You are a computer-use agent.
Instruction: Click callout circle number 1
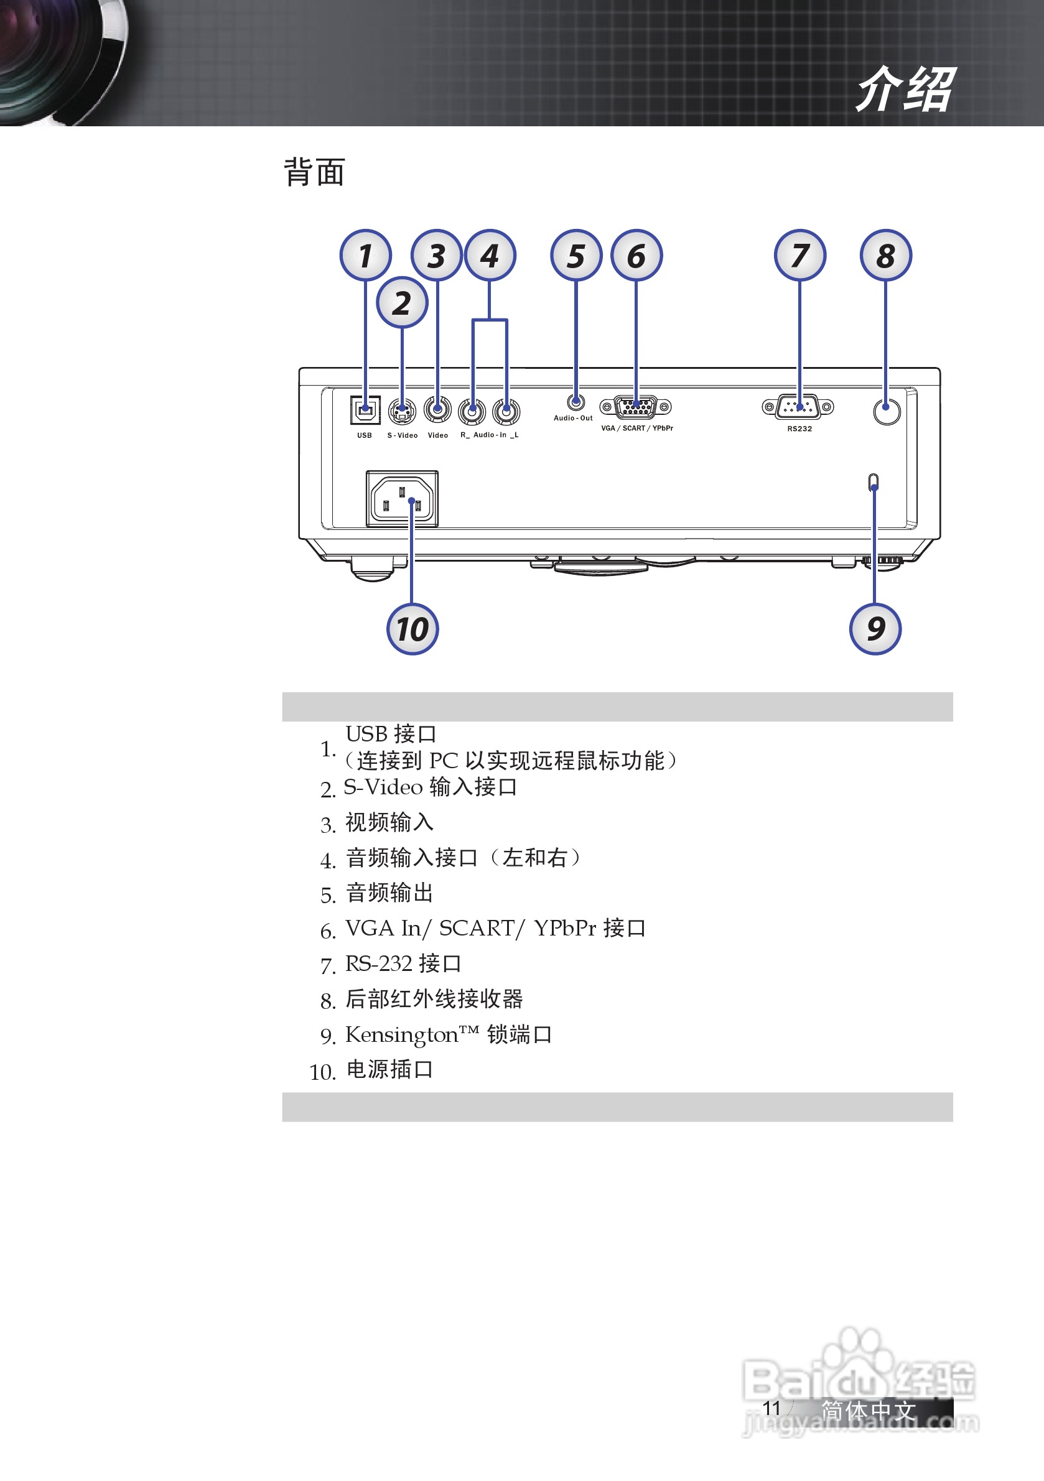(365, 256)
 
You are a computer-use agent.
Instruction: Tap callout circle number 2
(402, 303)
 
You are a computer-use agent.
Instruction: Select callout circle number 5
(576, 256)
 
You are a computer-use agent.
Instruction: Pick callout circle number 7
(799, 256)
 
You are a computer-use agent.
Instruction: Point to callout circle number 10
(412, 629)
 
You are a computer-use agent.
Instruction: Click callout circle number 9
(875, 629)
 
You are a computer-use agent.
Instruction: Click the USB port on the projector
(365, 410)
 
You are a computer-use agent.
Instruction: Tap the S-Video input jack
(402, 411)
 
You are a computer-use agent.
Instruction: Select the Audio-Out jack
(576, 402)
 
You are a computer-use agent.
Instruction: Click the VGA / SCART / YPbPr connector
(636, 407)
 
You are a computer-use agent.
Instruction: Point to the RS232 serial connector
(798, 407)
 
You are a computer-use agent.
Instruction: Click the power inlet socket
(402, 499)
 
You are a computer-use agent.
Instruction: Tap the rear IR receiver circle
(887, 411)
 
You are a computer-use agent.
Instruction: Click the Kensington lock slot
(874, 483)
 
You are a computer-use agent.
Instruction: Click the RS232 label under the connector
(799, 429)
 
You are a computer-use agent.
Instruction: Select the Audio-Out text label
(573, 418)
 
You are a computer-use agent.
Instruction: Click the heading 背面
(314, 172)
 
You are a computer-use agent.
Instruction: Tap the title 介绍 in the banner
(905, 90)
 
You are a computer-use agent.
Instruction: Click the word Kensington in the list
(401, 1035)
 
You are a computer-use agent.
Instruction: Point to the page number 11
(771, 1408)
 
